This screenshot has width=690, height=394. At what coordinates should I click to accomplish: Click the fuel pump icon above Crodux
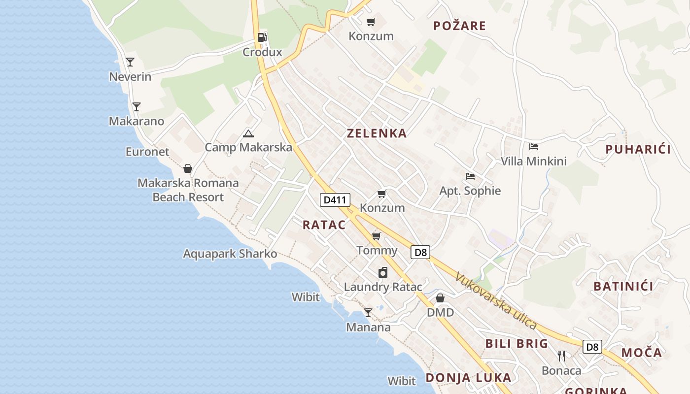pyautogui.click(x=262, y=37)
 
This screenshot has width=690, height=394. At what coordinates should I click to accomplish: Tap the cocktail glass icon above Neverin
pyautogui.click(x=130, y=62)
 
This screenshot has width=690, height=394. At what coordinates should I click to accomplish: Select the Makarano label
pyautogui.click(x=137, y=121)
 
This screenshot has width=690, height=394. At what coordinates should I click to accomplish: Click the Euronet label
pyautogui.click(x=147, y=152)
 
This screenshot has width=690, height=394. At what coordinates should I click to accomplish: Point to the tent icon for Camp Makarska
pyautogui.click(x=248, y=133)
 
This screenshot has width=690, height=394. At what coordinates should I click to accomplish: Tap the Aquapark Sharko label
pyautogui.click(x=230, y=254)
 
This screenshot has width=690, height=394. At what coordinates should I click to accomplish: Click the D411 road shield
pyautogui.click(x=335, y=199)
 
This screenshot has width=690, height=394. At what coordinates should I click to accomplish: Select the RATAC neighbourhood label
pyautogui.click(x=324, y=225)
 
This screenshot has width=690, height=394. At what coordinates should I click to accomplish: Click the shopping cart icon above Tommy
pyautogui.click(x=377, y=236)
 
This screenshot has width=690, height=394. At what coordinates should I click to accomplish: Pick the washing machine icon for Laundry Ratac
pyautogui.click(x=383, y=272)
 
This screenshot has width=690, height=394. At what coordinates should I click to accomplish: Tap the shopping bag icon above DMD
pyautogui.click(x=440, y=298)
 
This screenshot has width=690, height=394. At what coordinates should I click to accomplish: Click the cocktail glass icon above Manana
pyautogui.click(x=368, y=313)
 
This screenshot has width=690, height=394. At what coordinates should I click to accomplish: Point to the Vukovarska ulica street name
pyautogui.click(x=495, y=300)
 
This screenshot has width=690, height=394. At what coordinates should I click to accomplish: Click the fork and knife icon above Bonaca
pyautogui.click(x=561, y=356)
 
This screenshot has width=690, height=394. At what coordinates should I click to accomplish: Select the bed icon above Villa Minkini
pyautogui.click(x=534, y=146)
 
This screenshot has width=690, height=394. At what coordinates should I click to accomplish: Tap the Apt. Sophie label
pyautogui.click(x=470, y=191)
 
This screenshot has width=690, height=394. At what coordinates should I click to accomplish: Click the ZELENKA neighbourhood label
pyautogui.click(x=377, y=133)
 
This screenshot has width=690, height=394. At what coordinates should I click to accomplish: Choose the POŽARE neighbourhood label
pyautogui.click(x=459, y=26)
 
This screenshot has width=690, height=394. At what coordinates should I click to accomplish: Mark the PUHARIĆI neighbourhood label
pyautogui.click(x=638, y=150)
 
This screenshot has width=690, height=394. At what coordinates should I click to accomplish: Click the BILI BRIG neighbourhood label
pyautogui.click(x=517, y=344)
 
